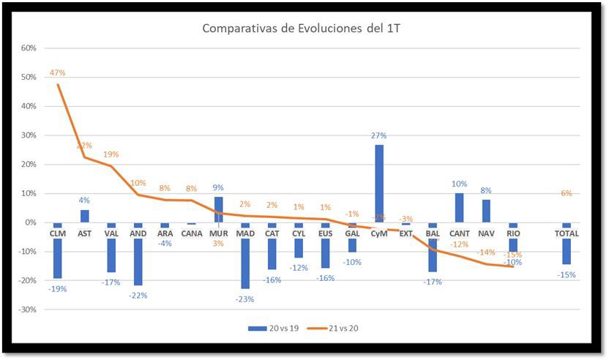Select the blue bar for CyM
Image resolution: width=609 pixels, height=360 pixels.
[x=379, y=179]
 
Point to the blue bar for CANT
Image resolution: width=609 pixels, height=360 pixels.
[x=459, y=207]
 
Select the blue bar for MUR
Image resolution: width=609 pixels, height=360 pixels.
[x=218, y=209]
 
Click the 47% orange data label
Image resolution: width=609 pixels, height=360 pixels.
[x=58, y=72]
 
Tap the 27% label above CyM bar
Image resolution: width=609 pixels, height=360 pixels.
[x=379, y=135]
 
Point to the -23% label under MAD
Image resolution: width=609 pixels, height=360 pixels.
[x=244, y=299]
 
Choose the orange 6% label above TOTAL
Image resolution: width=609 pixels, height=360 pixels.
[x=566, y=193]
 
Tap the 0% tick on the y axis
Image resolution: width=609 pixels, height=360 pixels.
[x=30, y=222]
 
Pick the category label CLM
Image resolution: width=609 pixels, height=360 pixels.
[x=58, y=233]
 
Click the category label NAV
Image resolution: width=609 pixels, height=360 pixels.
[x=486, y=233]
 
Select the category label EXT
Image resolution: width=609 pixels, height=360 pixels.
[x=406, y=233]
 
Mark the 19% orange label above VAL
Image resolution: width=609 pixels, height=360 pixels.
[x=111, y=154]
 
